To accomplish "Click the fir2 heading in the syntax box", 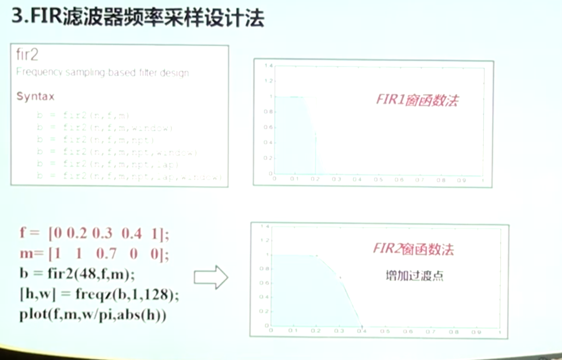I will pos(27,55).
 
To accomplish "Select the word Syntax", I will pos(35,96).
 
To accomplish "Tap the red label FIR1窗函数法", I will pos(417,100).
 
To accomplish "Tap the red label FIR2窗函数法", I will pos(413,249).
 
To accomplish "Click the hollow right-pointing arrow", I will pos(210,277).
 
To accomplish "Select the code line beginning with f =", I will pos(95,234).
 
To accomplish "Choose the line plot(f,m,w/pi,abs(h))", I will pos(93,316).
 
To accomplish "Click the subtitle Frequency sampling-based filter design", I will pos(102,72).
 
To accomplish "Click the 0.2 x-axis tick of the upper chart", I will pos(315,179).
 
